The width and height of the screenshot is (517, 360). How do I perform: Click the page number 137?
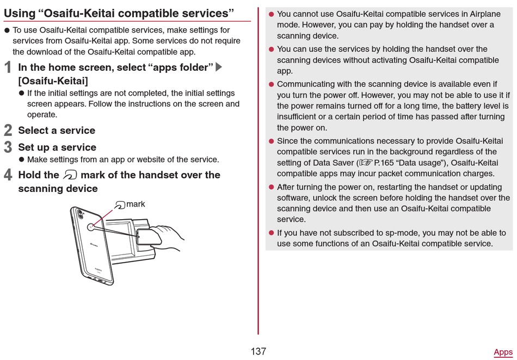point(258,351)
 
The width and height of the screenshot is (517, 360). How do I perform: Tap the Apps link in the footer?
point(503,352)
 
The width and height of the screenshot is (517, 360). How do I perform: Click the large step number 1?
point(8,67)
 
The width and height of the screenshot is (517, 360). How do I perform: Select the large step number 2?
point(8,131)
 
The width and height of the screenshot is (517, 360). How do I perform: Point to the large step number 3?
point(8,147)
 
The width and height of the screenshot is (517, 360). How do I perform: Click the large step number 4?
point(8,175)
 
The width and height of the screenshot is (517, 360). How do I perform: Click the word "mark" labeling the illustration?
point(136,204)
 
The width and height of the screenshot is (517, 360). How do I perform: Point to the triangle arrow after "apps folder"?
point(219,67)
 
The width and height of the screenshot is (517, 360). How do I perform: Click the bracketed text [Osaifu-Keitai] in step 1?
point(53,80)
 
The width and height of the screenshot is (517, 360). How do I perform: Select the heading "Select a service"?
point(57,131)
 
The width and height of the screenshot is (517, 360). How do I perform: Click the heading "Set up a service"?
point(57,147)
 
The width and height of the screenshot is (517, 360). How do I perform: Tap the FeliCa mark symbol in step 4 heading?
point(70,175)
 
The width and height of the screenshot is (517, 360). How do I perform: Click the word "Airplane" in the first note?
point(478,14)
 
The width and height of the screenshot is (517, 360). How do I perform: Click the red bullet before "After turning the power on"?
point(271,187)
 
